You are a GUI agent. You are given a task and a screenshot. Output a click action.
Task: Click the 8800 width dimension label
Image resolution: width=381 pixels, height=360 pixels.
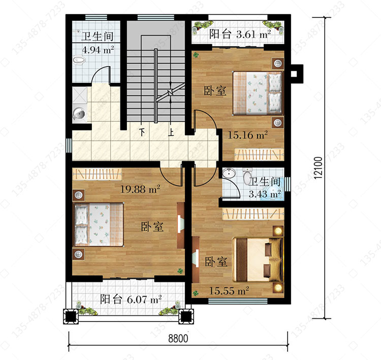coord(178,338)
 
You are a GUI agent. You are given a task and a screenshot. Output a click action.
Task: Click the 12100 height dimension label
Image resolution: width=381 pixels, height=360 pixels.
coord(318,168)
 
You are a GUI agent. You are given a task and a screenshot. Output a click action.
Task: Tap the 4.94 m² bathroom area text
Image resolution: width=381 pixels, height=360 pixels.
coord(98,50)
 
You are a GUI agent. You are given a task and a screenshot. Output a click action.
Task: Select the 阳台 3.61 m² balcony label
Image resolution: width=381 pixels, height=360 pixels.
coord(240,34)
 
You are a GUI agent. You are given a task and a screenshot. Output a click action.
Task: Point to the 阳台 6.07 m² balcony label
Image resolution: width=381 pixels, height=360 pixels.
coord(131,300)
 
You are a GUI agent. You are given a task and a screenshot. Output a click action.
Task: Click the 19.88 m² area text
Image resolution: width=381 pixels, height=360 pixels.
coord(140,189)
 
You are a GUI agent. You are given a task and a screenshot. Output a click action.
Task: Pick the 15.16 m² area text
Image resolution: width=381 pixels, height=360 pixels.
coord(247,135)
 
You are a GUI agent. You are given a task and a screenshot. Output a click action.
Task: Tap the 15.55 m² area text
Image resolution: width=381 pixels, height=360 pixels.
coord(229,291)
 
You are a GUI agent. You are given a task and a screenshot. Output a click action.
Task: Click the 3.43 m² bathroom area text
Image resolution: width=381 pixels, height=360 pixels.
coord(265,194)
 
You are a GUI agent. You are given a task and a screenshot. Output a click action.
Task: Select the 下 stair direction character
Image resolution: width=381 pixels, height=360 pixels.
coord(142,132)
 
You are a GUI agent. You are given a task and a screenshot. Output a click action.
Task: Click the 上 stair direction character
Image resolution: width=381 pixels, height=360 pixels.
coord(171,132)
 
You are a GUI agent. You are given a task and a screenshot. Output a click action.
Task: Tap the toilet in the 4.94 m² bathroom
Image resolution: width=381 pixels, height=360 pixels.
coord(79,60)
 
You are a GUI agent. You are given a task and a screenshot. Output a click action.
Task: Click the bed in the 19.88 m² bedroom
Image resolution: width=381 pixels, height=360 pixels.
coord(99,224)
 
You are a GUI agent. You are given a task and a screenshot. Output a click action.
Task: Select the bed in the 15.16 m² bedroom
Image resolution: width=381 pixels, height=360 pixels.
coord(258,93)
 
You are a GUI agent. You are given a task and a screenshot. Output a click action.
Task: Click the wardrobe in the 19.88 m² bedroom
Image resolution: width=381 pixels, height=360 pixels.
coord(97,174)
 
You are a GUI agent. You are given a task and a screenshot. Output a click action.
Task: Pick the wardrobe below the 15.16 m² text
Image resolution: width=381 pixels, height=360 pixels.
coord(259,154)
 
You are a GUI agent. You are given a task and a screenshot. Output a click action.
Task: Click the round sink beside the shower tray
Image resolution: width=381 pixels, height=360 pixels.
coord(79,114)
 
